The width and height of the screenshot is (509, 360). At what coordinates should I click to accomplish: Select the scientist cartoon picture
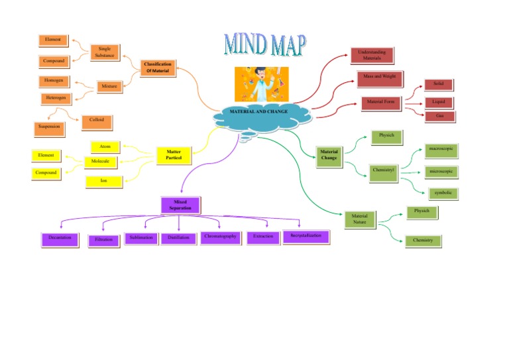[260, 84]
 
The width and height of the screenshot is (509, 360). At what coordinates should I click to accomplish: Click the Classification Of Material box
[158, 68]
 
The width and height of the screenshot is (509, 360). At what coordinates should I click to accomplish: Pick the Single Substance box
[105, 52]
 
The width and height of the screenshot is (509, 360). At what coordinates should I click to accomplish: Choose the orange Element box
[53, 40]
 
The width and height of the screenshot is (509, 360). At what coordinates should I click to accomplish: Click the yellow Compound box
[46, 173]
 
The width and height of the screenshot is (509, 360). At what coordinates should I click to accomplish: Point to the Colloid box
[97, 121]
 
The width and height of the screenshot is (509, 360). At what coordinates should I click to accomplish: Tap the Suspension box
[49, 126]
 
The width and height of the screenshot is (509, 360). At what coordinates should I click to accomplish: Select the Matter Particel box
[174, 155]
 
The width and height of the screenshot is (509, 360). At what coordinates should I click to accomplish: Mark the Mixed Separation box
[181, 205]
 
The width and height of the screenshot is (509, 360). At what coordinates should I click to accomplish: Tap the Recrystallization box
[305, 236]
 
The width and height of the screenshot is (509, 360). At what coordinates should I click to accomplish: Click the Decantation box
[60, 238]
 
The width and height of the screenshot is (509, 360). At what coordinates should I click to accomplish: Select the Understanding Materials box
[371, 55]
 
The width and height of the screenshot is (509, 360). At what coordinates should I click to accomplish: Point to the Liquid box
[438, 102]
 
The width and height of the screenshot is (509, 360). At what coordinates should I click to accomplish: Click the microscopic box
[441, 172]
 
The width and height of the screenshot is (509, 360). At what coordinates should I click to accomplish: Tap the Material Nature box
[360, 219]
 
